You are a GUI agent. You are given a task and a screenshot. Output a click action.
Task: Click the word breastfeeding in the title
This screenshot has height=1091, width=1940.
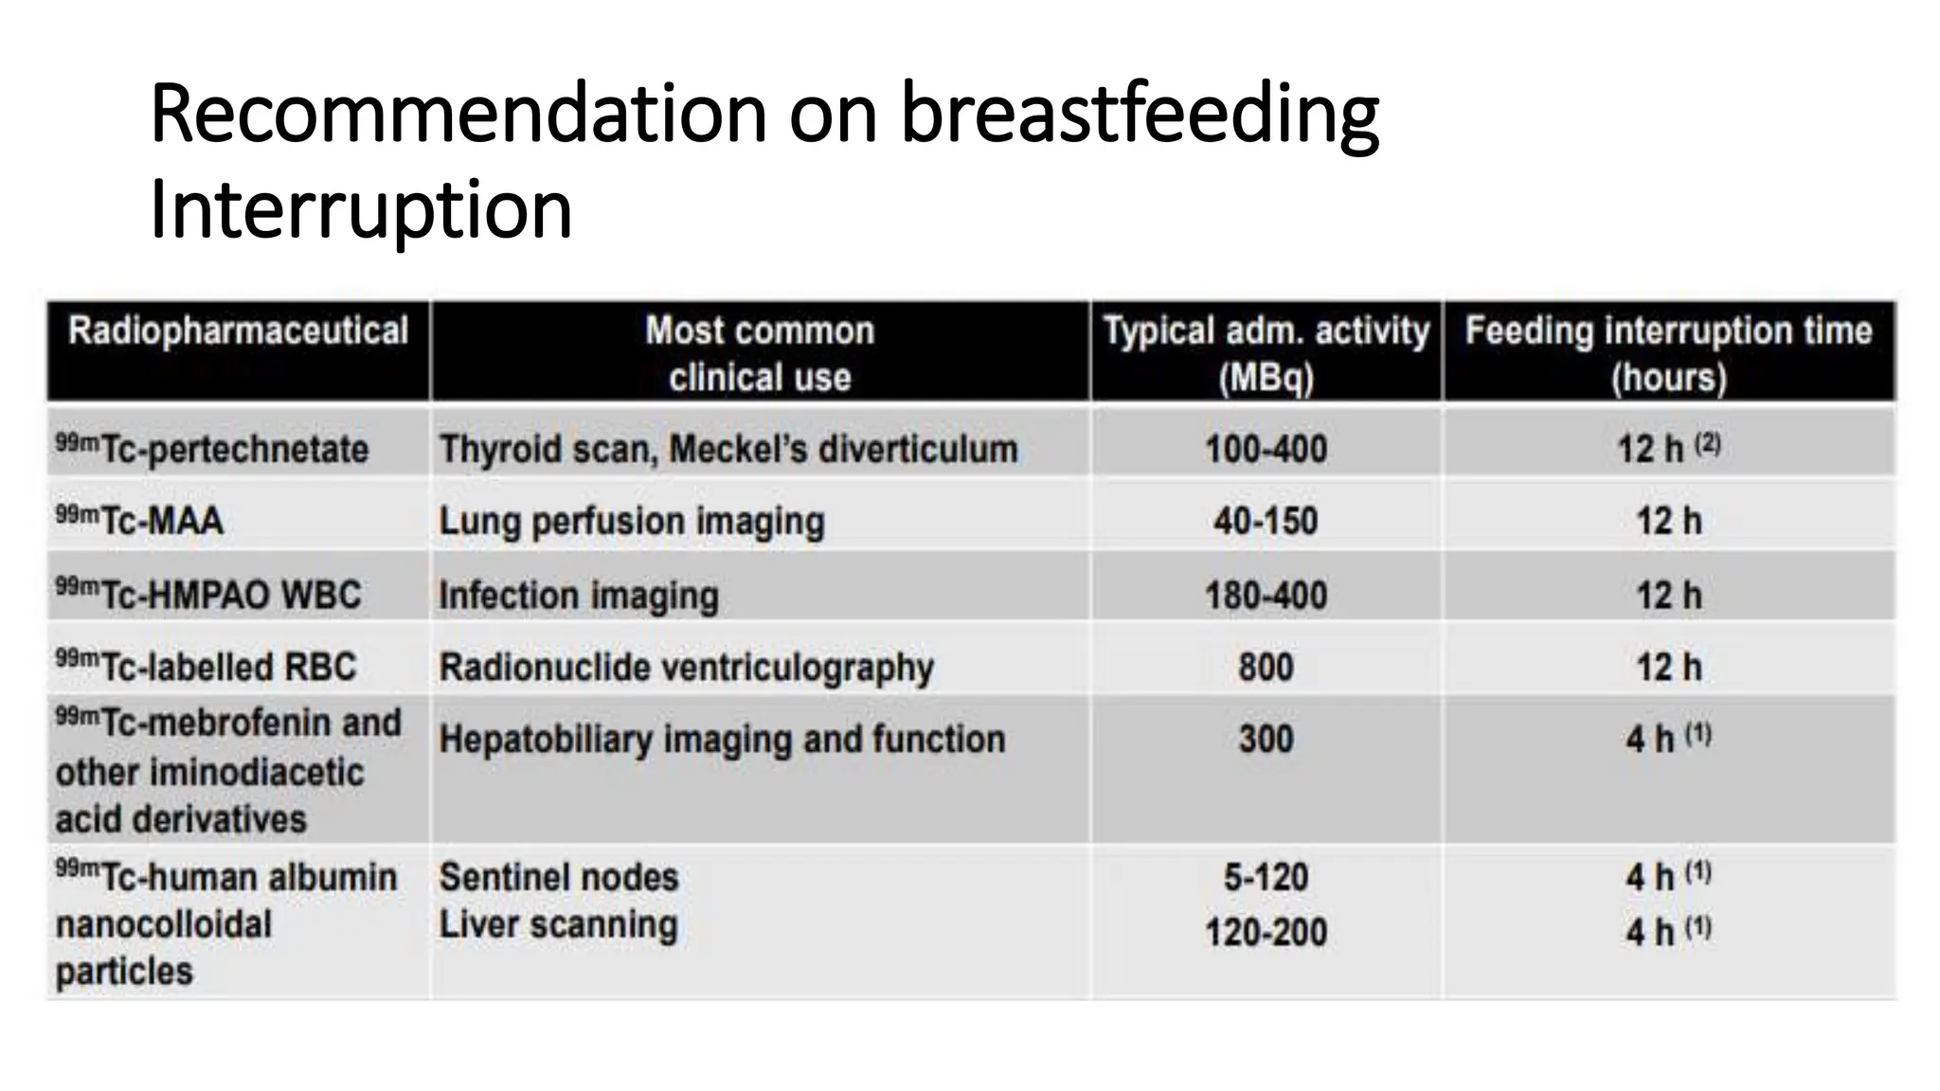pyautogui.click(x=1139, y=116)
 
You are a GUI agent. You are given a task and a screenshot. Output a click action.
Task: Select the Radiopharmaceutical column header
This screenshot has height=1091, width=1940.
pyautogui.click(x=238, y=331)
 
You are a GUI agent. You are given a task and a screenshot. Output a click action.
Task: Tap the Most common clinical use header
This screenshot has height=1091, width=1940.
pyautogui.click(x=760, y=353)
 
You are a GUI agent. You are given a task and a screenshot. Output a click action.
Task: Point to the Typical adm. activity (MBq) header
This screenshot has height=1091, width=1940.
pyautogui.click(x=1266, y=353)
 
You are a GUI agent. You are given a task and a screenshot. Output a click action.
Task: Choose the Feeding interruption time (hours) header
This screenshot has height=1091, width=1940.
pyautogui.click(x=1668, y=353)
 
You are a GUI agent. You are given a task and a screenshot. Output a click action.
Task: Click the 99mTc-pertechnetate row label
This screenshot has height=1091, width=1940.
pyautogui.click(x=212, y=448)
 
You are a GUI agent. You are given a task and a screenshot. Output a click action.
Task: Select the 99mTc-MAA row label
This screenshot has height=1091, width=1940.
pyautogui.click(x=140, y=521)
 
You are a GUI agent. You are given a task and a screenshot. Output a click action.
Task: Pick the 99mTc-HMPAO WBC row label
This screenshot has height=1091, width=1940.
pyautogui.click(x=208, y=595)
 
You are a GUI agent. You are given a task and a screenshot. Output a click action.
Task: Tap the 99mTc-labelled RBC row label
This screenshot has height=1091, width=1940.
pyautogui.click(x=207, y=667)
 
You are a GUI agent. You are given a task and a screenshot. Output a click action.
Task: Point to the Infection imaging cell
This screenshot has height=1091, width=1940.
pyautogui.click(x=579, y=596)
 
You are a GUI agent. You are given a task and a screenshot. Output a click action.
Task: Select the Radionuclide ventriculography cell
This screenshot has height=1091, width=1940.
pyautogui.click(x=686, y=668)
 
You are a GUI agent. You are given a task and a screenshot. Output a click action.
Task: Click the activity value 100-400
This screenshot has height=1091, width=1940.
pyautogui.click(x=1266, y=449)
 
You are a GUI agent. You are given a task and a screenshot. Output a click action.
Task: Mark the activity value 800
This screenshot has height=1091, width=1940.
pyautogui.click(x=1266, y=668)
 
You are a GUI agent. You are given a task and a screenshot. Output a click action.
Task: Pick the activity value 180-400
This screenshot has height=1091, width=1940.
pyautogui.click(x=1266, y=596)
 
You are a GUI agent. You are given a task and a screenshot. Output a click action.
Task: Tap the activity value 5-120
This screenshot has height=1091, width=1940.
pyautogui.click(x=1266, y=877)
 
